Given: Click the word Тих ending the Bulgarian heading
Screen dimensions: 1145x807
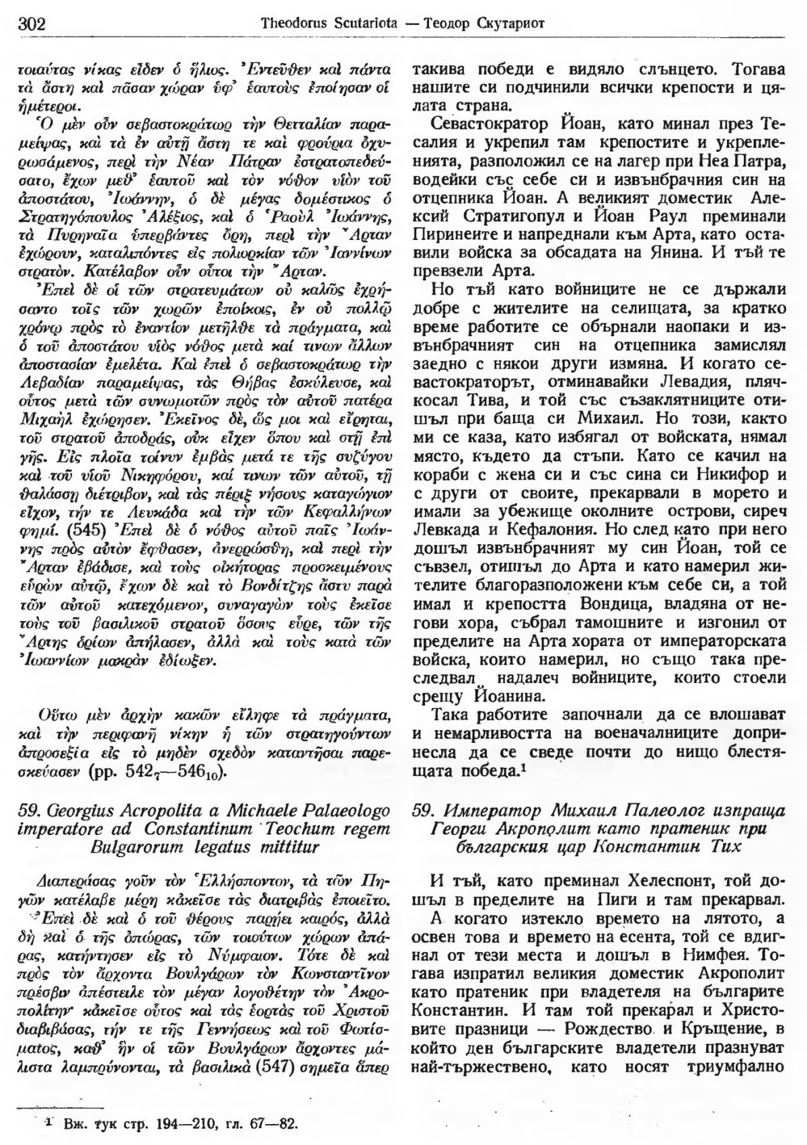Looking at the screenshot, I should [727, 846].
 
